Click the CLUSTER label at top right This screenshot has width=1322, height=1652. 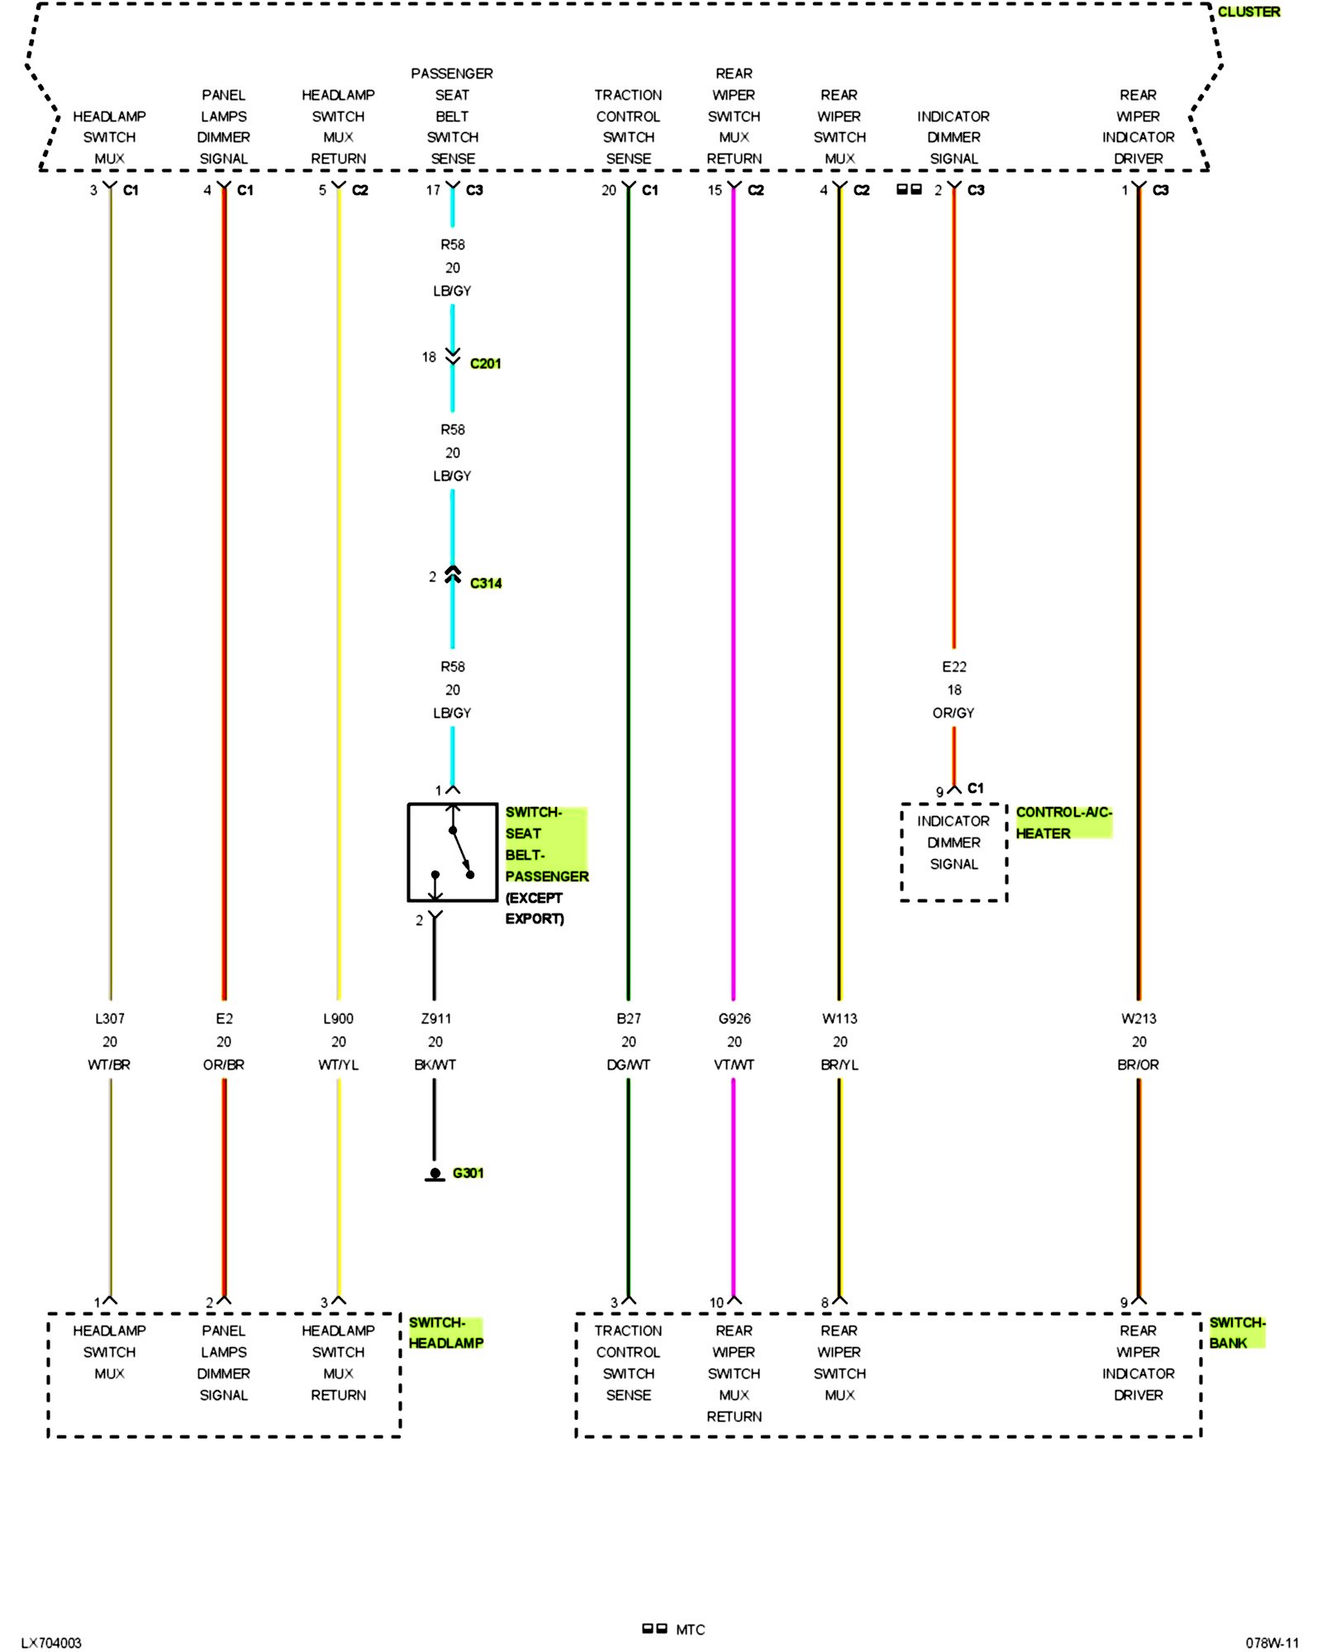[1248, 12]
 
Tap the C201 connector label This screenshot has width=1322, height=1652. [485, 363]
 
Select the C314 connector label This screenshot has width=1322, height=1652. [485, 583]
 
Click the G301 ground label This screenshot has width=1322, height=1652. [468, 1173]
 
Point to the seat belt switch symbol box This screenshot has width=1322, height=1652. [452, 852]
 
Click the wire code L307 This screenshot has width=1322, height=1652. [109, 1018]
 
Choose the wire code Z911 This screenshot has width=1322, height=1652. [435, 1018]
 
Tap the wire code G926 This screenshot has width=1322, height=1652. [734, 1018]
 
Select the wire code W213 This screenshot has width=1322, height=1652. [1138, 1018]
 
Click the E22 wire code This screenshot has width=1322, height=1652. [953, 667]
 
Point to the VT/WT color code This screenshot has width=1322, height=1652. [734, 1065]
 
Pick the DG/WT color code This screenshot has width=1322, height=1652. [628, 1065]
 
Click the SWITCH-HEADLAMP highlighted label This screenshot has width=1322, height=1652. [445, 1332]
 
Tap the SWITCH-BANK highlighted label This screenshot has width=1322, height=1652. [1236, 1332]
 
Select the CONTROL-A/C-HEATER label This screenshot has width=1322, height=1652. [1063, 823]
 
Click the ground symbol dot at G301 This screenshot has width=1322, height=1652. [435, 1173]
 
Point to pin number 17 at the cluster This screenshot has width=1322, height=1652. [433, 190]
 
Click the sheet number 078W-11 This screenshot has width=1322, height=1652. [1272, 1643]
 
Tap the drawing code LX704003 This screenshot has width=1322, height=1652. [51, 1643]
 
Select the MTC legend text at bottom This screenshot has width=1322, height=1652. [690, 1630]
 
